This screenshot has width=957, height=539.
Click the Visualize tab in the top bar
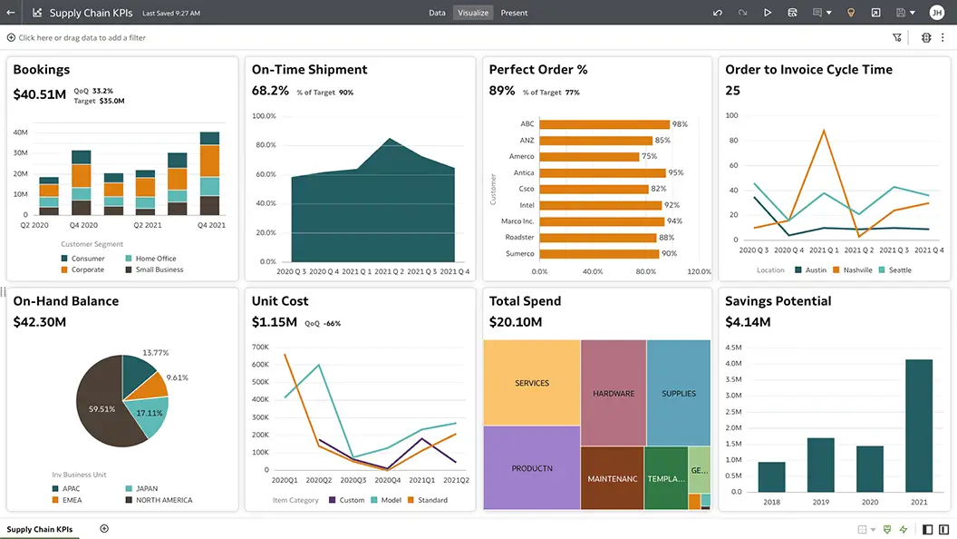473,13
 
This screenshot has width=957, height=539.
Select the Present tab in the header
514,13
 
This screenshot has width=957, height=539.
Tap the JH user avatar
936,13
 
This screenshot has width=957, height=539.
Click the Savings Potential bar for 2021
918,425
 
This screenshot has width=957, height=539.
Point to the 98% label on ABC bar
680,124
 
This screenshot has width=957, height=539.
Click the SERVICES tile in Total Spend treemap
532,383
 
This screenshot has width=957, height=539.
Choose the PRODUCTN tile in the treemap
532,468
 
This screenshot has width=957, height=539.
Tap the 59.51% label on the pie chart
101,409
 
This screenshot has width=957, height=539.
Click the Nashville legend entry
856,269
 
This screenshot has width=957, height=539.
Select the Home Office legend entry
156,259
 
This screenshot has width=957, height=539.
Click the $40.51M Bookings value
39,94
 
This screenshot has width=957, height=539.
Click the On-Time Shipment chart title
309,70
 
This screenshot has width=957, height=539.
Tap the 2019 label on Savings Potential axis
820,501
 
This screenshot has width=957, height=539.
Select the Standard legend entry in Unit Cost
432,500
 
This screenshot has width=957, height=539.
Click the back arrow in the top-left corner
11,13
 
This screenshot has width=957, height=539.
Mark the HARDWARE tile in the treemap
614,394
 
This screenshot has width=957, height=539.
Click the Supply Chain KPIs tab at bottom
40,529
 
